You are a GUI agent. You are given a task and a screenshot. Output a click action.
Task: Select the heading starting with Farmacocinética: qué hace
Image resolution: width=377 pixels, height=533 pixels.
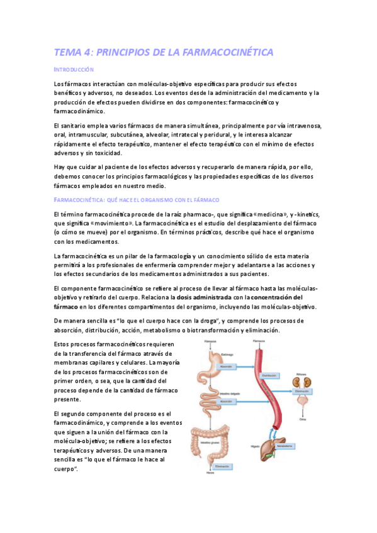tap(136, 199)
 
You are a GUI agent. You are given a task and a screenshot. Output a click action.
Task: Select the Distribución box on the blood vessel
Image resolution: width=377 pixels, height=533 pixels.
tap(269, 376)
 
